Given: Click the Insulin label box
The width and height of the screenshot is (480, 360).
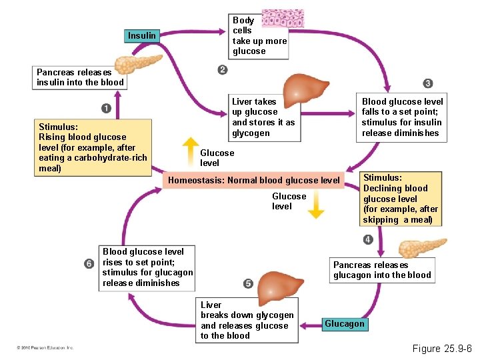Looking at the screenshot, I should pos(142,35).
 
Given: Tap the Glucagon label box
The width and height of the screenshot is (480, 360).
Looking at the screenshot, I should pos(344,324).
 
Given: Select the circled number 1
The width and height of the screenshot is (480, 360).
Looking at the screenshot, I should pos(106,108).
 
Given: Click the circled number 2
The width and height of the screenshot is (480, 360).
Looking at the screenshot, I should pos(222,70).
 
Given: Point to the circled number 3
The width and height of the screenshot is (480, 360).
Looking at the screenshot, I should pos(427,83).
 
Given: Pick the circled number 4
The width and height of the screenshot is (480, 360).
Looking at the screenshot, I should pos(367,239).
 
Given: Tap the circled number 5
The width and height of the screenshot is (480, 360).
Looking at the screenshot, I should pos(248,283).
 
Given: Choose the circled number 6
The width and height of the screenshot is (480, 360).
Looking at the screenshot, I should pos(89,264).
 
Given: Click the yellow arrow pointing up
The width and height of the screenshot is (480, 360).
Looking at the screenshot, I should pos(191,150).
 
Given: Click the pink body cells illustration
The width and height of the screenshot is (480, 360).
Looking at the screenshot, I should pos(283,20).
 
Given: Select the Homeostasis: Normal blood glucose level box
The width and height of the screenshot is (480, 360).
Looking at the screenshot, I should pos(254,180).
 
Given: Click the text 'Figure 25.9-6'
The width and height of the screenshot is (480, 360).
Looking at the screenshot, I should pos(442,349).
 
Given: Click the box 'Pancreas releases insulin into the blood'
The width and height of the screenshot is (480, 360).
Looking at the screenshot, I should pos(80,77).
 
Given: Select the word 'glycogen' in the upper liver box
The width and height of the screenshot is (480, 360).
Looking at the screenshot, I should pos(249,133).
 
